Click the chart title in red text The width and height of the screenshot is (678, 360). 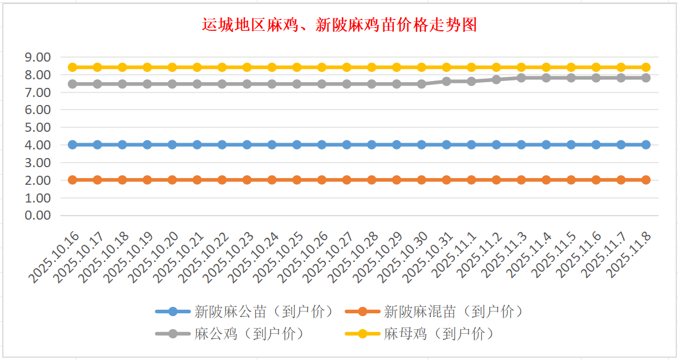point(339,25)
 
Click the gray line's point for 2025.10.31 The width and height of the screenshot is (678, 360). point(446,81)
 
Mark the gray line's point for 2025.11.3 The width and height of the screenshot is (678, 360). point(521,78)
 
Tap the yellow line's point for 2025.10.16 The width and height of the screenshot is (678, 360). point(72,67)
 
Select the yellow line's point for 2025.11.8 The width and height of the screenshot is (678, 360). point(646,67)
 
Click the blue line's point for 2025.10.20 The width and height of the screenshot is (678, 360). point(172,145)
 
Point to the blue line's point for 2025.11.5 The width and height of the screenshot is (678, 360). point(571,145)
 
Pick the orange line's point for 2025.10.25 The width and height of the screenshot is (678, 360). point(297,180)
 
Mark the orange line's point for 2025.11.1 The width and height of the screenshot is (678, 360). point(471,180)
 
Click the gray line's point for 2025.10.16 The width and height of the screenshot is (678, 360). point(72,84)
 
